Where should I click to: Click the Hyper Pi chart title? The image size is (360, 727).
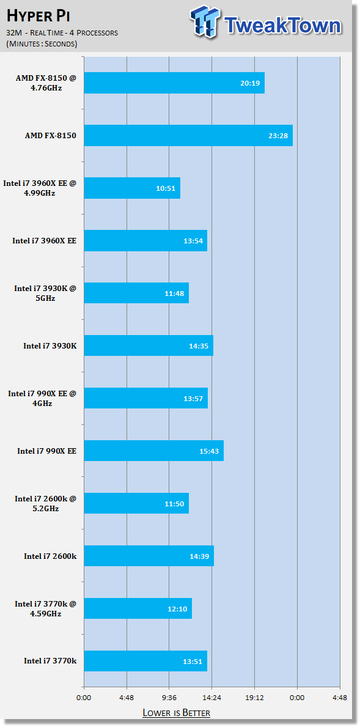coord(37,16)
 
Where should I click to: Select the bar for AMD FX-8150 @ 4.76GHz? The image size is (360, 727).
coord(174,83)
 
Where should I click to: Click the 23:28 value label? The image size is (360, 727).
coord(277,136)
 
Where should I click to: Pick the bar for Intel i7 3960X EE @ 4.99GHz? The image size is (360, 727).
coord(132,188)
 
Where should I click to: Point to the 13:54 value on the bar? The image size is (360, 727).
coord(192,241)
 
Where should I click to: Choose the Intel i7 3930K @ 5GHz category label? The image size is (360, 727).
coord(45,293)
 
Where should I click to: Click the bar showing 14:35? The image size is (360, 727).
coord(149,345)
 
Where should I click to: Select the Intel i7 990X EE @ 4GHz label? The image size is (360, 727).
coord(42,398)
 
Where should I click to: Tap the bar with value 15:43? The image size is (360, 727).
coord(154,451)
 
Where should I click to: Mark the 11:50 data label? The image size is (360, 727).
coord(174,504)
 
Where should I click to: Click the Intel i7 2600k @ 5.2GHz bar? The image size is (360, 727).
coord(136,503)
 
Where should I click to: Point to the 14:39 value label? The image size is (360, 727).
coord(199,556)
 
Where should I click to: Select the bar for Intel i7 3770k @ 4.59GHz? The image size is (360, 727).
coord(138,608)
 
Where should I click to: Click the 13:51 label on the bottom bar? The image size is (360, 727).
coord(192,661)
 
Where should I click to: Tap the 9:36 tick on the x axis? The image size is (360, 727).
coord(169,696)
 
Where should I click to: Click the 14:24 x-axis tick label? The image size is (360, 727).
coord(211,696)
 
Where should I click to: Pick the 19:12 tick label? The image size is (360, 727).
coord(254,696)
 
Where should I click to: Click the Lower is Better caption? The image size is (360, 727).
coord(176,712)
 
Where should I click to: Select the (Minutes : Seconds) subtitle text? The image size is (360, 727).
coord(42,44)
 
